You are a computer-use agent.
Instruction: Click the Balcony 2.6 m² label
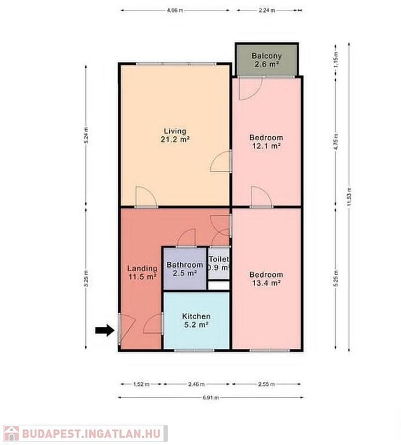tap(267, 60)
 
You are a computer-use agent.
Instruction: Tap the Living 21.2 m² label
tap(175, 135)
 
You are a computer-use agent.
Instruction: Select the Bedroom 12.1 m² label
tap(266, 141)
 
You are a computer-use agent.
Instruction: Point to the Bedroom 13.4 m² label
tap(266, 279)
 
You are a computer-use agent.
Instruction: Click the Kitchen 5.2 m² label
tap(196, 320)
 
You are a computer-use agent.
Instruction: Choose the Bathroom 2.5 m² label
tap(185, 269)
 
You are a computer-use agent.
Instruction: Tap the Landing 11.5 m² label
tap(142, 272)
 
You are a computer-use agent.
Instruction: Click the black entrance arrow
tap(105, 330)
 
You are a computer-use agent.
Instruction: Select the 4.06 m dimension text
tap(175, 10)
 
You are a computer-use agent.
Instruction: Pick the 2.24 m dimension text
tap(267, 10)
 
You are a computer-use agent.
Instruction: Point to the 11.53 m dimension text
tap(349, 196)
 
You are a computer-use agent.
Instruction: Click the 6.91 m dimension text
tap(211, 397)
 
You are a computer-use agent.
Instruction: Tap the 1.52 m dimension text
tap(141, 384)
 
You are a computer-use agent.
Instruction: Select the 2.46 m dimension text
tap(196, 384)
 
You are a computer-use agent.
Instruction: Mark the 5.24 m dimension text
tap(86, 136)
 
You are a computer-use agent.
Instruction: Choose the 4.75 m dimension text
tap(336, 142)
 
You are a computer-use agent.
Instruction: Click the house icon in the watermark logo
tap(12, 433)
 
